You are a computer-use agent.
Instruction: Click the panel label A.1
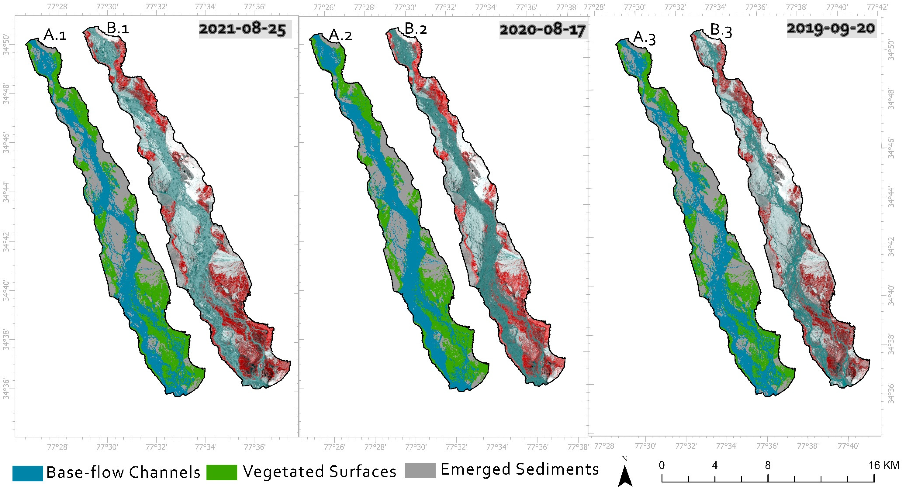[x=55, y=35]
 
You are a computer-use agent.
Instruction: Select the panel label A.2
[x=340, y=35]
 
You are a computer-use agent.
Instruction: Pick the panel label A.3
[x=645, y=38]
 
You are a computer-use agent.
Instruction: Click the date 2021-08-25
[x=243, y=29]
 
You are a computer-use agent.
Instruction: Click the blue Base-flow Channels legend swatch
[x=28, y=473]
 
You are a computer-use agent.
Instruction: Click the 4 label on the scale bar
[x=715, y=465]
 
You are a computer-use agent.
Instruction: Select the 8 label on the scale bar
[x=768, y=465]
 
